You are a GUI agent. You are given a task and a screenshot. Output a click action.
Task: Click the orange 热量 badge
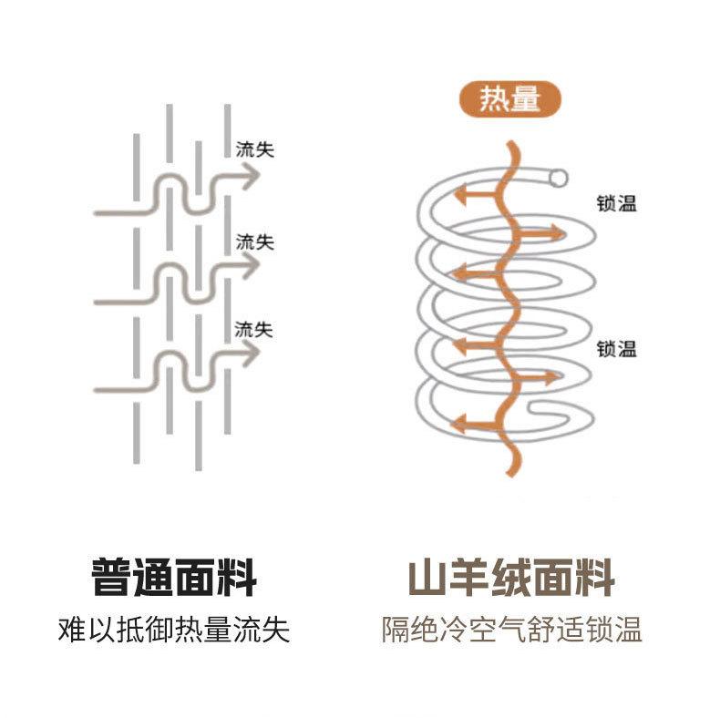pos(510,99)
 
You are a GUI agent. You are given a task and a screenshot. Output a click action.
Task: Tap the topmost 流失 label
pos(255,149)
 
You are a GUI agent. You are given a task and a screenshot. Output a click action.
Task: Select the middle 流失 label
pos(255,242)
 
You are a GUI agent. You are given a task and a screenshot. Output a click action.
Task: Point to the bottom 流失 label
pos(254,330)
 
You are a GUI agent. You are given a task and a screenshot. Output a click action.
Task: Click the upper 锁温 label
pos(617,203)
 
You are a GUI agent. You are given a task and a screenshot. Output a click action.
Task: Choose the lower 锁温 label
pos(617,348)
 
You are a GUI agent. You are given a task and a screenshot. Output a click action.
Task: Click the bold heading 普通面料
pos(174,577)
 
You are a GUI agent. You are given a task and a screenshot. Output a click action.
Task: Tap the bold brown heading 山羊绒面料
pos(511,577)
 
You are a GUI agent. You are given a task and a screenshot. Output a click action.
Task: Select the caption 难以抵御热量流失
pos(174,630)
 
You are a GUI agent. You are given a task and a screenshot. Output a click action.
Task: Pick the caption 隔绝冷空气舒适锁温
pos(511,630)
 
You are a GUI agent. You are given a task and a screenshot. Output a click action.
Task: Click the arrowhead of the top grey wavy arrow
pos(251,176)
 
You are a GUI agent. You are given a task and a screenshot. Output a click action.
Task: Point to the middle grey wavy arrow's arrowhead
pos(251,265)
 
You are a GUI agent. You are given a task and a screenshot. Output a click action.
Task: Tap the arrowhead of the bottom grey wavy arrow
pos(251,353)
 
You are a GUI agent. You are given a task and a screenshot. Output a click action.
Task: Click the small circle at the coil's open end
pos(559,178)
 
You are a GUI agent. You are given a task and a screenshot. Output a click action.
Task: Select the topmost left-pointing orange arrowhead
pos(460,194)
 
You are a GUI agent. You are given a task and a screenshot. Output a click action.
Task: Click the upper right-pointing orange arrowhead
pos(558,233)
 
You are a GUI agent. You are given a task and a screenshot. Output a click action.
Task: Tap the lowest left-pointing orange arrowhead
pos(459,423)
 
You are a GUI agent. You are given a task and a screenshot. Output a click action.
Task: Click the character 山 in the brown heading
pos(428,577)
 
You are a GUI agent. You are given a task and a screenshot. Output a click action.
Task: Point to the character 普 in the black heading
pos(111,577)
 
